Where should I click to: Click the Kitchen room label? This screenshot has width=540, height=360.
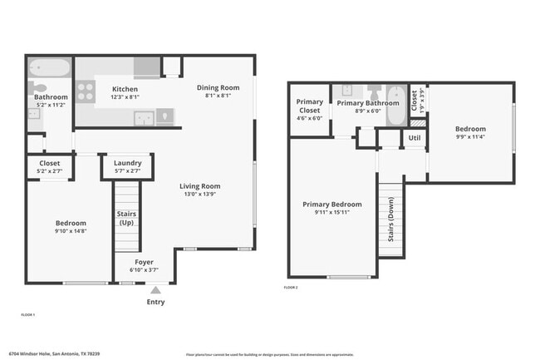[x=125, y=89]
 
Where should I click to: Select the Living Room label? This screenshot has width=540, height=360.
[x=199, y=186]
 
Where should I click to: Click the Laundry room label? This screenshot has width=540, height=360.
[x=127, y=163]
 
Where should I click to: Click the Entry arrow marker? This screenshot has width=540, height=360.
[x=155, y=290]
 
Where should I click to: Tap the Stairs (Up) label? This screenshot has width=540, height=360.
[x=127, y=219]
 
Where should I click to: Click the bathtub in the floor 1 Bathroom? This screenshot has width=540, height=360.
[x=49, y=68]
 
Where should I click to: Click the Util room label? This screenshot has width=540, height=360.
[x=414, y=137]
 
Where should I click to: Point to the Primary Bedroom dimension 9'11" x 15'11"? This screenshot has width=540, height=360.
[x=332, y=213]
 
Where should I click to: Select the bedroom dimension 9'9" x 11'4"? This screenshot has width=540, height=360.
[x=469, y=138]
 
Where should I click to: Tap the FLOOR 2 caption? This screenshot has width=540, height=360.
[x=291, y=287]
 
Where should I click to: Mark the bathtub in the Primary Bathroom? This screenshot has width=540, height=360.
[x=395, y=103]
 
